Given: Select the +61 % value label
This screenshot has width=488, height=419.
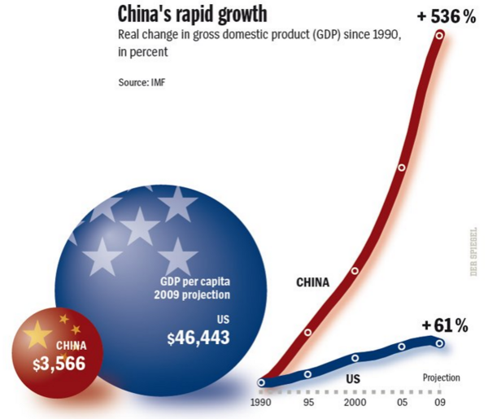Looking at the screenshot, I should (445, 326).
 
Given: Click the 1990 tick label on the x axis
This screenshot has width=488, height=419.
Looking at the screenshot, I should (263, 402).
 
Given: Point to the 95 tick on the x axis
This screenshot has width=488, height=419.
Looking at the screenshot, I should (308, 402).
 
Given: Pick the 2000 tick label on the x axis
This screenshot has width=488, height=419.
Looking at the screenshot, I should (355, 402).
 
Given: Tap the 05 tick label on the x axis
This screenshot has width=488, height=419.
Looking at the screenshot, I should (401, 402).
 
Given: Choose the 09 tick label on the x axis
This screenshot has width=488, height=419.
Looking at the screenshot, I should (440, 402).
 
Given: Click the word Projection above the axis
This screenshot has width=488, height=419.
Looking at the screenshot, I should (442, 378).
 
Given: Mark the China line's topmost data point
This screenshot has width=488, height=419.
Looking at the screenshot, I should (440, 35).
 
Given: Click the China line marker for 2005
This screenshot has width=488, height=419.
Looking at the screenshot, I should (401, 168).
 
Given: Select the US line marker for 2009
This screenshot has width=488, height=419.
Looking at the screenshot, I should (440, 343).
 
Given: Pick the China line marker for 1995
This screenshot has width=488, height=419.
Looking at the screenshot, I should (308, 332).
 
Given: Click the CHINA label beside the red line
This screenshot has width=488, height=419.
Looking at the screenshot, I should (312, 283).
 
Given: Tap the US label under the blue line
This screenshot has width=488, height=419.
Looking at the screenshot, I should (353, 378).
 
